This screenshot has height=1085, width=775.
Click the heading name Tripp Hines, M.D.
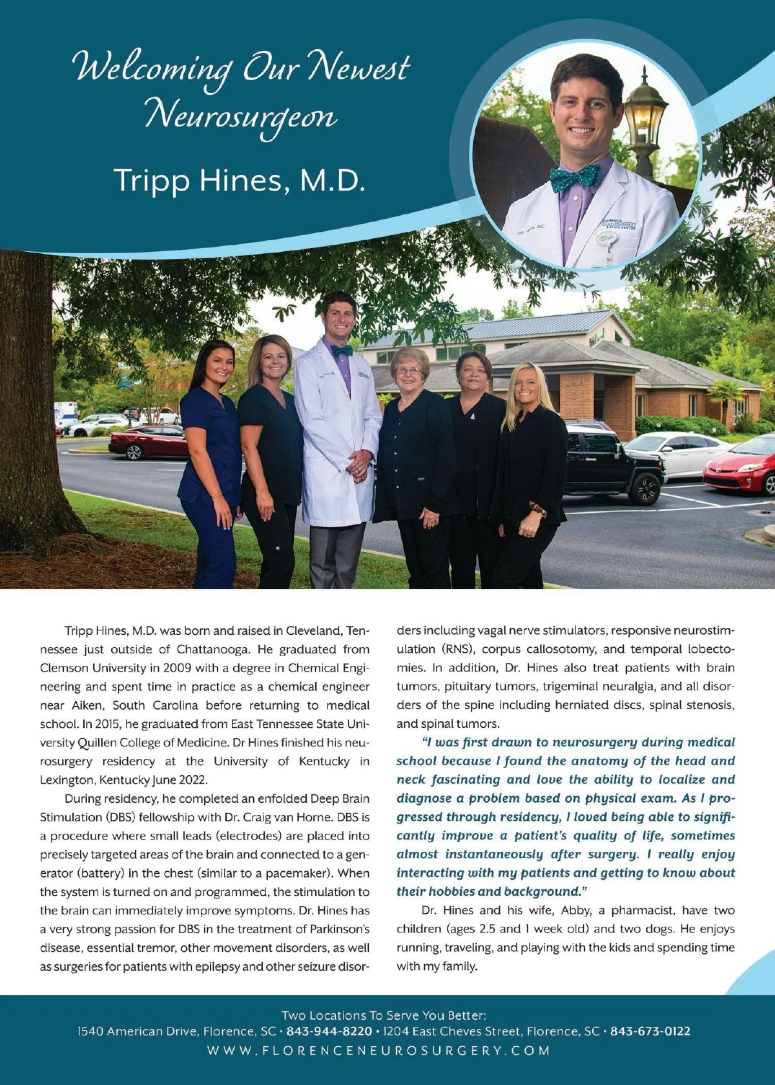[240, 180]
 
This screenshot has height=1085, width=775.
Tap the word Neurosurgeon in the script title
[240, 117]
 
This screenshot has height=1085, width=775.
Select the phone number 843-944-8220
[329, 1031]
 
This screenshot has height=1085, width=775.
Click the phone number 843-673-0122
[650, 1031]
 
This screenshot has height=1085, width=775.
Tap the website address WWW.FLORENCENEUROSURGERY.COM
[378, 1051]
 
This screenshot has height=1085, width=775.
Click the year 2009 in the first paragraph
[177, 668]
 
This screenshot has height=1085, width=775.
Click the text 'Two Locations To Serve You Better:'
[384, 1015]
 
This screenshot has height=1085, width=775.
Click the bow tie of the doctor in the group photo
[341, 350]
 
